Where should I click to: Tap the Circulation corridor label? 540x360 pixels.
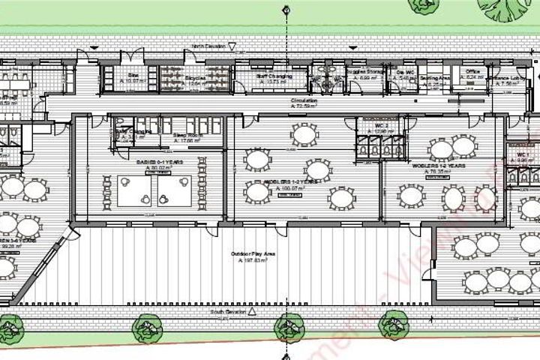pos(304,100)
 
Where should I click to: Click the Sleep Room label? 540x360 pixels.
pos(184,135)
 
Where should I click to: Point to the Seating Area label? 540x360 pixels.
pos(435,77)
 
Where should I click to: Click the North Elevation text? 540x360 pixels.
pos(208,46)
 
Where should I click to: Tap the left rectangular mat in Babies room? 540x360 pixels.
pos(135,190)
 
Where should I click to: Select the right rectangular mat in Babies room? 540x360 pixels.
pos(174,190)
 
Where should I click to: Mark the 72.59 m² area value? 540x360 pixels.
pos(304,106)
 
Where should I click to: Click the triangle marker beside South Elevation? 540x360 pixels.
pos(252,310)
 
